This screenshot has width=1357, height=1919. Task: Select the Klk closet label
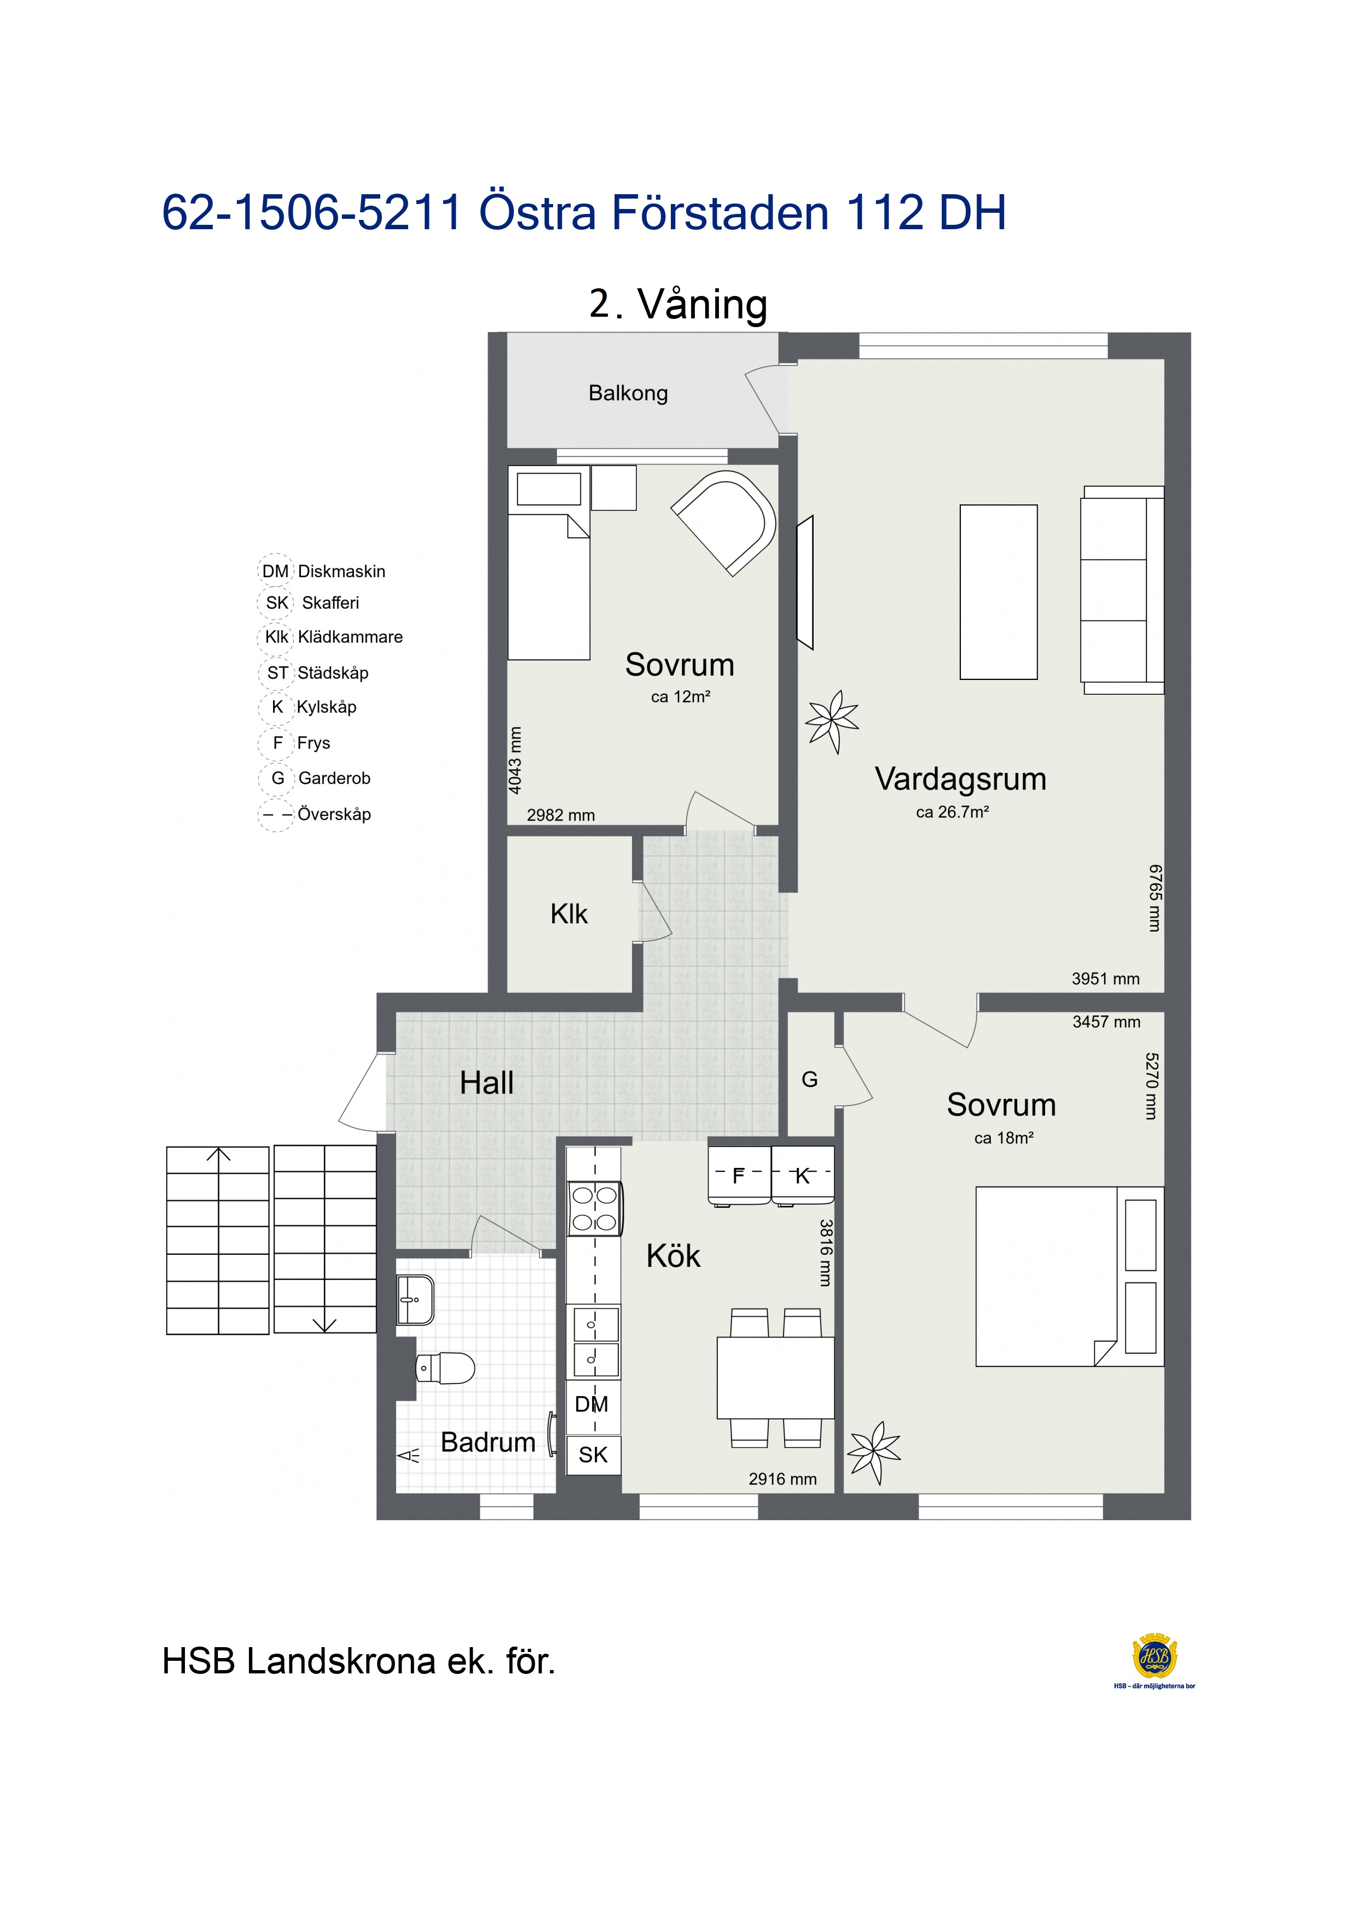coord(569,914)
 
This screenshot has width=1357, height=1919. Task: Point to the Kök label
coord(673,1255)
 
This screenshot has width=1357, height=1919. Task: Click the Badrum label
coord(488,1442)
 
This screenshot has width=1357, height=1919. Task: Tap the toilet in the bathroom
coord(445,1368)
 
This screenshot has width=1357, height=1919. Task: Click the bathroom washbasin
coord(415,1300)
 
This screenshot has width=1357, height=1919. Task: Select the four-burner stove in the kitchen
coord(594,1208)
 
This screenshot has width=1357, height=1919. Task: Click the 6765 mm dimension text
coord(1155,898)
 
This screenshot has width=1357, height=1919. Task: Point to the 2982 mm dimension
coord(560,815)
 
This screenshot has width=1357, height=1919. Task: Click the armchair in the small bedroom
coord(723,522)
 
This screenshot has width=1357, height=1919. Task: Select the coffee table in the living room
coord(998,592)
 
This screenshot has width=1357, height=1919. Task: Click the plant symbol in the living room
coord(832,720)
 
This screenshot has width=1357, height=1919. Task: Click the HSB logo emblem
coord(1155,1656)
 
